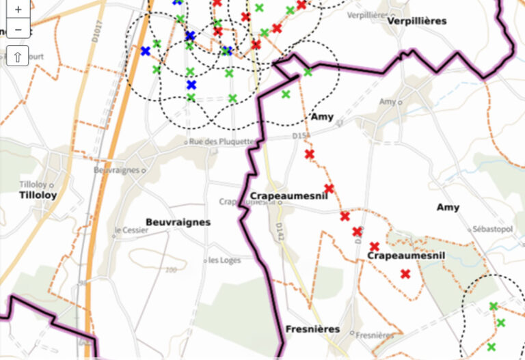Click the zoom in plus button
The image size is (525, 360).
18,10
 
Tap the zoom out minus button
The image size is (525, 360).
18,29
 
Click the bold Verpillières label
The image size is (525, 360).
416,21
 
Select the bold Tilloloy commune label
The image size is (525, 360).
38,195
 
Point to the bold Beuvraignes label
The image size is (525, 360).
178,222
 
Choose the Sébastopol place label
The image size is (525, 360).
492,229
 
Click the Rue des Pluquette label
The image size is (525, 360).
221,141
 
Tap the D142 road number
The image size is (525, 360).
280,230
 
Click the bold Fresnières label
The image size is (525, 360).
312,329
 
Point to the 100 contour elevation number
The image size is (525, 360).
171,270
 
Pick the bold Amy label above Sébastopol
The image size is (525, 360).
448,207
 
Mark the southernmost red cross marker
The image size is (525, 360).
405,274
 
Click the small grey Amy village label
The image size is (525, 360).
388,101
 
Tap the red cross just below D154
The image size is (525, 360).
309,154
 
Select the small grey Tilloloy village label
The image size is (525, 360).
34,185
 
